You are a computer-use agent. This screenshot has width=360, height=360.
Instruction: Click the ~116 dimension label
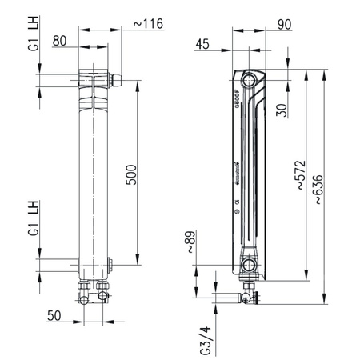point(148,24)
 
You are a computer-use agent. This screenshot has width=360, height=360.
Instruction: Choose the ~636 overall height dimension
point(318,190)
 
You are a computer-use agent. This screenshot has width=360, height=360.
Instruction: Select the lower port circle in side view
point(250,265)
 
